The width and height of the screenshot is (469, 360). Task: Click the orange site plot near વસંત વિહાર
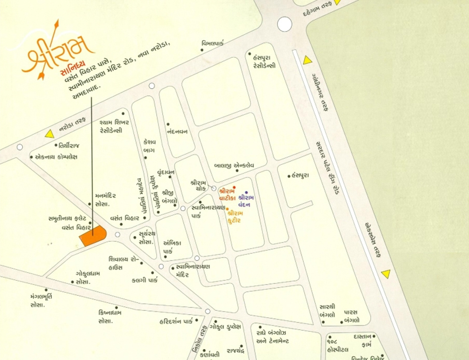tap(93, 235)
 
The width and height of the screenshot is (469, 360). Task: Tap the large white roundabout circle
tap(284, 24)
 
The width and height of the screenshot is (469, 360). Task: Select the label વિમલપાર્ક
tap(213, 43)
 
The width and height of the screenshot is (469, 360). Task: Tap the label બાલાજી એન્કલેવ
tap(234, 165)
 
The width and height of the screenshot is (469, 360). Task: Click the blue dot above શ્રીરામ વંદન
tap(246, 192)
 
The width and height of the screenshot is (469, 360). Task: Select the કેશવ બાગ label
tap(149, 146)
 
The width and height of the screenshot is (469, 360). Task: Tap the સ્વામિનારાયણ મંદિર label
tap(192, 270)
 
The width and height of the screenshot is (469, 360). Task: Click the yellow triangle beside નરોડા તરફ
tap(49, 134)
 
